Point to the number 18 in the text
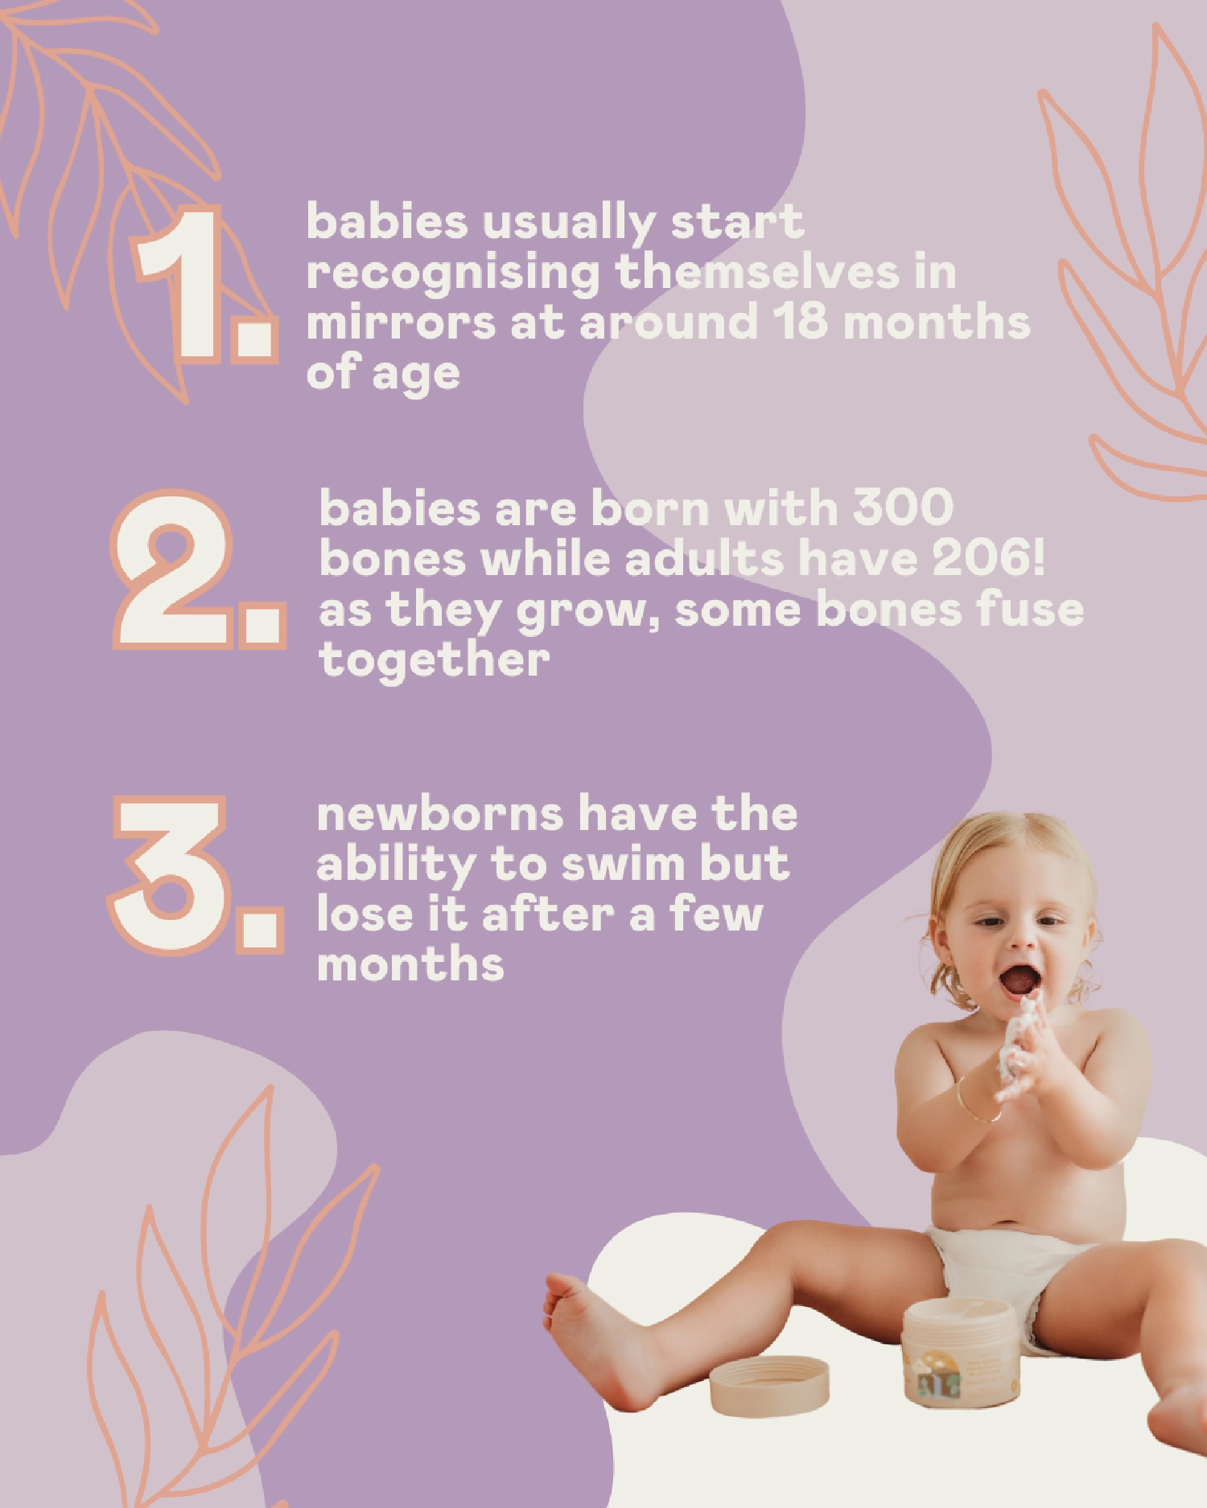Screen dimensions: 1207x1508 click(801, 322)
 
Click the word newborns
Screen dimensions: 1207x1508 click(439, 815)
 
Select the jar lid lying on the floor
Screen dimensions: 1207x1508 click(769, 1385)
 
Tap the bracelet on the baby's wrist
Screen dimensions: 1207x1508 click(975, 1104)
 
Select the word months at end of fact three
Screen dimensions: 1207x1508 click(410, 964)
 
